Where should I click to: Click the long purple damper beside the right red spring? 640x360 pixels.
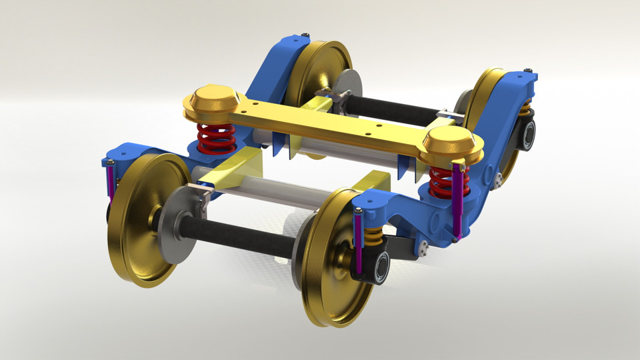[x=459, y=200]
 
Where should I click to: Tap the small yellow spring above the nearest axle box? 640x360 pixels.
[x=374, y=235]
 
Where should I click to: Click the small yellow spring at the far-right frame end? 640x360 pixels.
[x=526, y=108]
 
